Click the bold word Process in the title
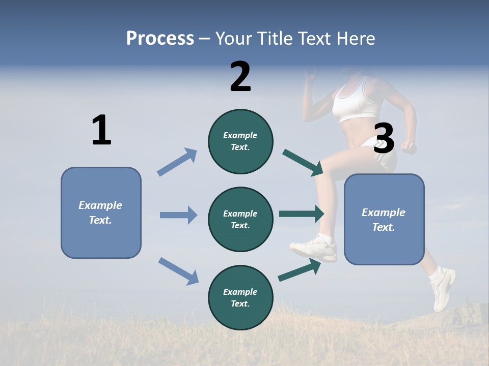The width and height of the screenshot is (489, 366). pos(160,38)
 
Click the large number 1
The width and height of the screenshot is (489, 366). pos(101,130)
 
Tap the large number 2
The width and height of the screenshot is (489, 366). pos(240,77)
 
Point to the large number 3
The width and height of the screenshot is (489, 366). pos(384,139)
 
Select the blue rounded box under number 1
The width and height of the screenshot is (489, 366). pos(101,212)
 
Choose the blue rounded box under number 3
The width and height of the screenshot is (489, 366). pos(384,219)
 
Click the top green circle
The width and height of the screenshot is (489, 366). pos(240,141)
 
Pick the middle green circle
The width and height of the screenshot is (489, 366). pos(240,219)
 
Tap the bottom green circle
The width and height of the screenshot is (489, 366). pos(240,297)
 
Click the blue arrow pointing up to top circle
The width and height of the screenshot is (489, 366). pos(177,162)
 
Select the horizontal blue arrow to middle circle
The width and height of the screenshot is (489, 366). pos(178,215)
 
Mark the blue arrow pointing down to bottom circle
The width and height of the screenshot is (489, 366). pos(178,271)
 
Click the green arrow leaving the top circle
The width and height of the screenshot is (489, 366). pos(303,162)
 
